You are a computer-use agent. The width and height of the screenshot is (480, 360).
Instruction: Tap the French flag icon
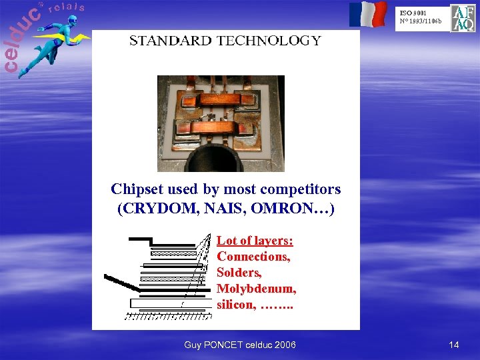[368, 14]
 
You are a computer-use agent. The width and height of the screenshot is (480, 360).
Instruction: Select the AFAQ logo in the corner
[463, 18]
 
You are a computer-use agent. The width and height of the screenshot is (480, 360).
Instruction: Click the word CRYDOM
[156, 209]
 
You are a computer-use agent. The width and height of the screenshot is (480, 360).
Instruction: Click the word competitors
[300, 189]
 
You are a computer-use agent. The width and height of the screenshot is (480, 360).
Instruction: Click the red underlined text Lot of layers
[255, 241]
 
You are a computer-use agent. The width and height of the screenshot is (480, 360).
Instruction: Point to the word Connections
[253, 257]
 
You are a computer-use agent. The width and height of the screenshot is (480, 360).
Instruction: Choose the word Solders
[239, 273]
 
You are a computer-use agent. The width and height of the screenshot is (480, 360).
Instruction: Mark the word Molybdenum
[256, 289]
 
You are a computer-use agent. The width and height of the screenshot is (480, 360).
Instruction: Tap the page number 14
[454, 345]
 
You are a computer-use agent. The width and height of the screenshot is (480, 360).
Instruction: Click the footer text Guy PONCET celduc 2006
[240, 345]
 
